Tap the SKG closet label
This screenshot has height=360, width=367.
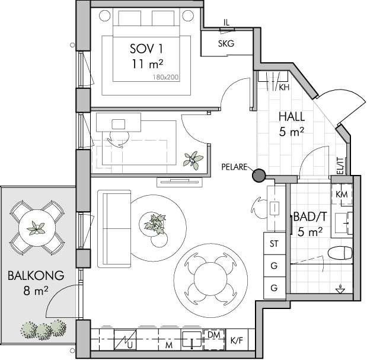[x=226, y=43]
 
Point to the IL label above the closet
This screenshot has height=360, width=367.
[x=226, y=23]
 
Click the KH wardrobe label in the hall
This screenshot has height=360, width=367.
[x=284, y=87]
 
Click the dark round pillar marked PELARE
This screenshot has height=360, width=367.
[x=259, y=175]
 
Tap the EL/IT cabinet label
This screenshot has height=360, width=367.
[x=340, y=165]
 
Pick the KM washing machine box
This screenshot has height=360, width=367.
[x=342, y=194]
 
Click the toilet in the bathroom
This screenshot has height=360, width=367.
[x=340, y=253]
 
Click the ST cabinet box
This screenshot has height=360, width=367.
[x=275, y=243]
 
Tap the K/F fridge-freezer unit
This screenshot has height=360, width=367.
[x=237, y=340]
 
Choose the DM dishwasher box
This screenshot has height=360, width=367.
[x=214, y=339]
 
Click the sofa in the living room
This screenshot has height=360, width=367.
[x=114, y=229]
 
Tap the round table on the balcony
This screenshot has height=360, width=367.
[x=37, y=228]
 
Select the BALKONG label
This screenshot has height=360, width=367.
[x=36, y=276]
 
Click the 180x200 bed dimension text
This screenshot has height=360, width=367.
[x=165, y=77]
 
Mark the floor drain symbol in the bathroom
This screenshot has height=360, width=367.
[x=340, y=289]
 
